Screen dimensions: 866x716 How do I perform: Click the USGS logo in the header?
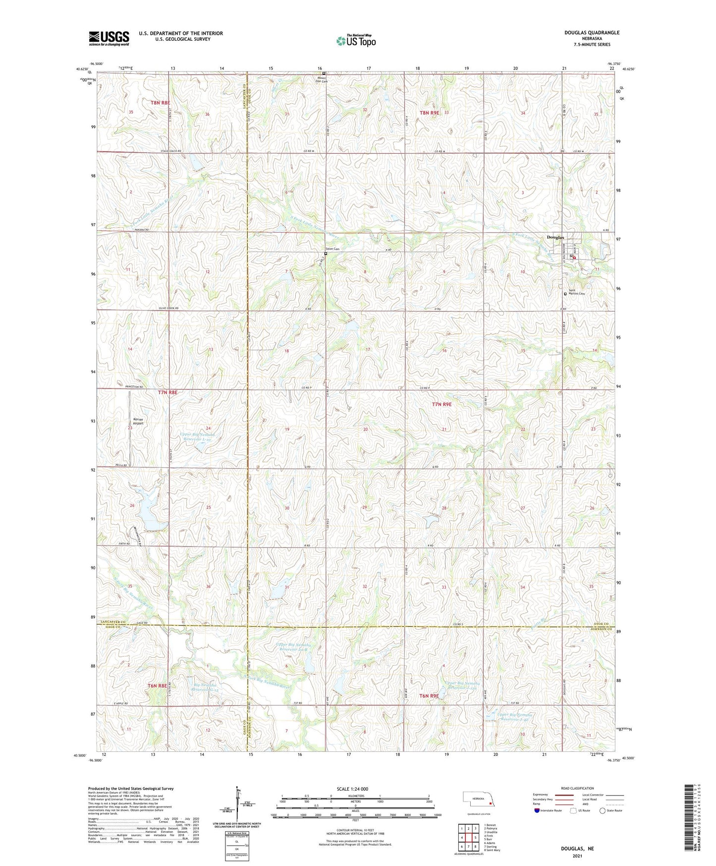[109, 38]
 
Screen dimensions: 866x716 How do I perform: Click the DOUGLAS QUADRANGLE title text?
[592, 33]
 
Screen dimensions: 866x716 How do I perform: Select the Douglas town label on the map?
[555, 238]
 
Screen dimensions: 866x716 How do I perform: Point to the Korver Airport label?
[138, 421]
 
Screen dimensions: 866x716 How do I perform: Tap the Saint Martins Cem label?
[576, 292]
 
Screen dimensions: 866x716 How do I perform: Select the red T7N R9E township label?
[441, 404]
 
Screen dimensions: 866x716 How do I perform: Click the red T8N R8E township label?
[161, 103]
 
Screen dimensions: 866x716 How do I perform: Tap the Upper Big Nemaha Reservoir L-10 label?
[197, 436]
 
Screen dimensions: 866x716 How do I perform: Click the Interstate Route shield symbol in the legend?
[538, 810]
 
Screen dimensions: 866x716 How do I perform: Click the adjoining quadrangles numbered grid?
[468, 838]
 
